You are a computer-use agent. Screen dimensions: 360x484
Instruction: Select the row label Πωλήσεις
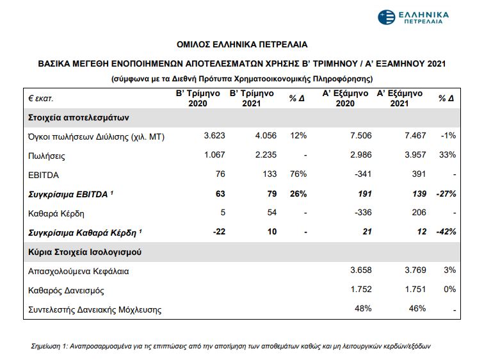tap(47, 156)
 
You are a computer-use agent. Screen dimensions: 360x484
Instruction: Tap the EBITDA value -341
tap(362, 174)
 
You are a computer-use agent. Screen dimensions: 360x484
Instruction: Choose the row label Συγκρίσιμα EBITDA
tap(71, 193)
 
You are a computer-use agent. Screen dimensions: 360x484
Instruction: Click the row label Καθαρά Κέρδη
tap(56, 213)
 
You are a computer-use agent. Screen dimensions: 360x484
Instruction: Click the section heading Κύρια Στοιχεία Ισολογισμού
tap(85, 252)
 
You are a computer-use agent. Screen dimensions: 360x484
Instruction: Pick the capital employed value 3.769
tap(413, 271)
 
